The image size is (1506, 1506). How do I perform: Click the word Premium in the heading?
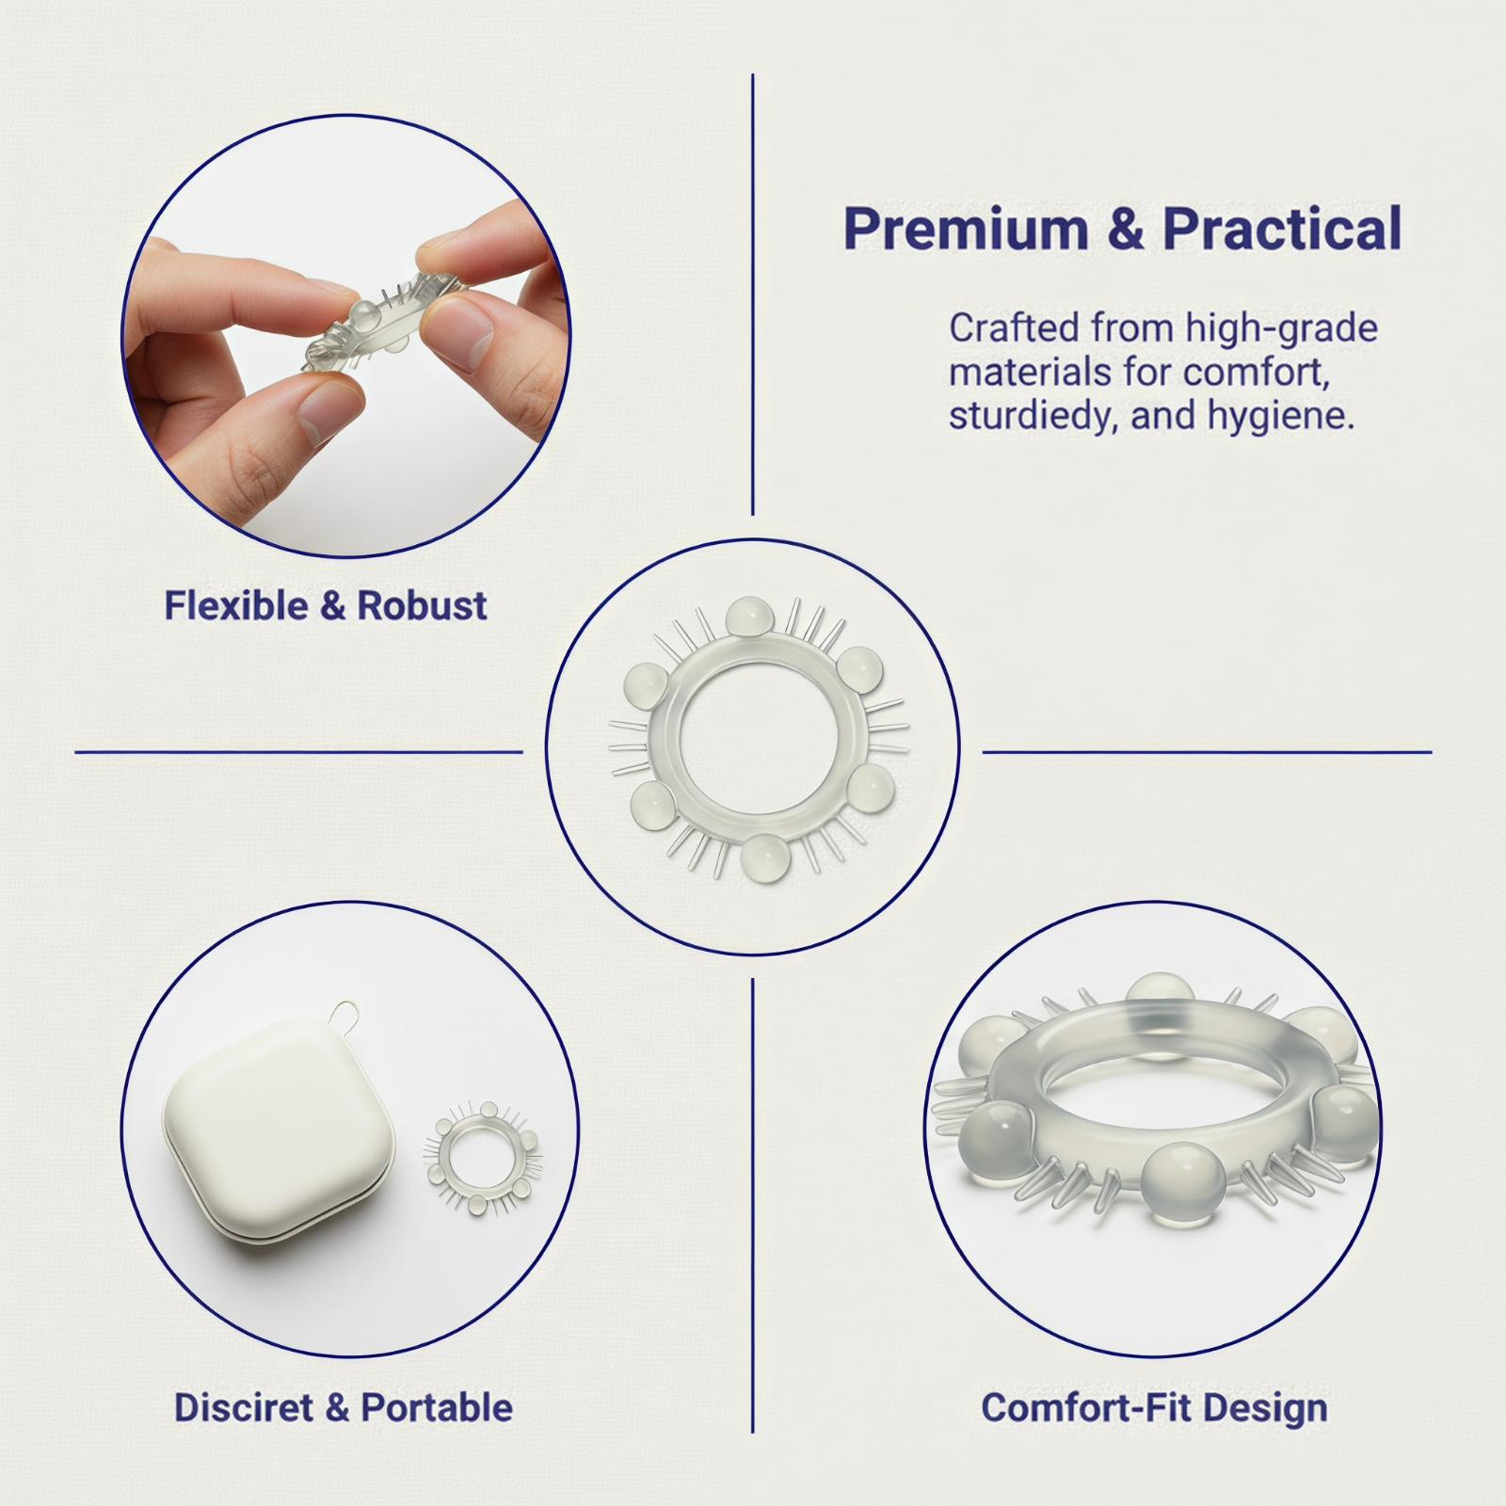coord(975,228)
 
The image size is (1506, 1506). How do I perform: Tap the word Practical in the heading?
coord(1284,228)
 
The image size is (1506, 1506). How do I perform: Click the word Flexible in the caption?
coord(237,605)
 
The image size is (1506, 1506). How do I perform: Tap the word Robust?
coord(422,605)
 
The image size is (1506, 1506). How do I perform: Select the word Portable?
coord(437,1407)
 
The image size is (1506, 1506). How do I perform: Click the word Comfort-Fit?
coord(1087,1407)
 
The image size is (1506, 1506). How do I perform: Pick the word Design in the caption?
coord(1265,1407)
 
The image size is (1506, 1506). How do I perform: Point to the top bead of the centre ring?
coord(750,618)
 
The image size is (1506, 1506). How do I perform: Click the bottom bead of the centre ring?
coord(764,857)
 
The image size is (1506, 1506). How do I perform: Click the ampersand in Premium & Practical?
coord(1135,229)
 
